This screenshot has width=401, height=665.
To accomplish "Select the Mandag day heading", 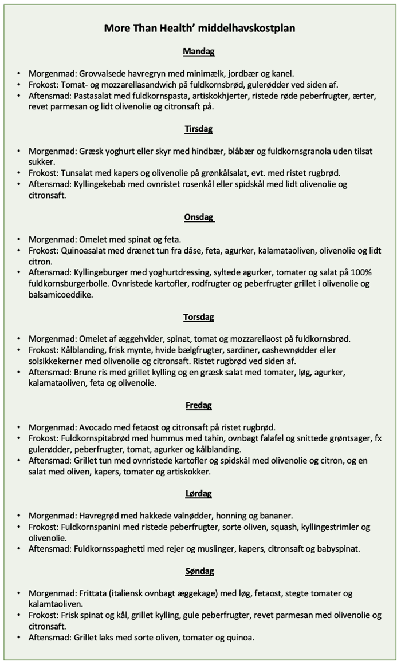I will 199,52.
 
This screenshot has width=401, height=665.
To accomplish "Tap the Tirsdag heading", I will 199,129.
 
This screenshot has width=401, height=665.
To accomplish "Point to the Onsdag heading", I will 199,217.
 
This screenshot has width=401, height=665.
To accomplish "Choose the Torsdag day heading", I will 199,317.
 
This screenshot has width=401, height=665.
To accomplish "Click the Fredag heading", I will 199,405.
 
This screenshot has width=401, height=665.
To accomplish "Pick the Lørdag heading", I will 199,493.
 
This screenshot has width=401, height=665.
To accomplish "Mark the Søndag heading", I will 199,571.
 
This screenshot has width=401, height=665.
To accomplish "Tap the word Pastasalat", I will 97,96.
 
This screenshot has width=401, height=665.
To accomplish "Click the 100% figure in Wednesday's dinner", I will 361,273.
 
